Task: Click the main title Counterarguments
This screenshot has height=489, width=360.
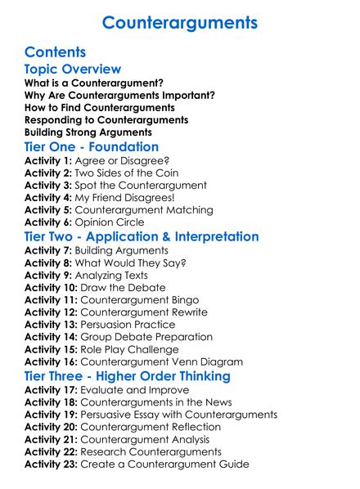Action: [x=180, y=21]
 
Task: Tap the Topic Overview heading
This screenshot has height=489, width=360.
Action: [x=73, y=70]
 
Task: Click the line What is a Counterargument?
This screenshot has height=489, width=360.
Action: [x=93, y=83]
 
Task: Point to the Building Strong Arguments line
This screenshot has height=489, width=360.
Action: [x=88, y=131]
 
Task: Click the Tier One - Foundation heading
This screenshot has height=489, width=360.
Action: [x=92, y=147]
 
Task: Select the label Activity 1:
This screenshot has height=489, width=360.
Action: [x=48, y=162]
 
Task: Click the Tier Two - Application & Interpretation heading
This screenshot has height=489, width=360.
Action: [x=142, y=238]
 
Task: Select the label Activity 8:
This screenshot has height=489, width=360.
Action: [x=48, y=263]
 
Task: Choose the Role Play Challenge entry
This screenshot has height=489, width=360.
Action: [x=135, y=349]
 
